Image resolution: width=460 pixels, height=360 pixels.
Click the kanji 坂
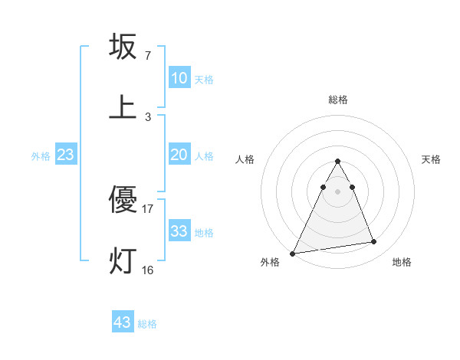123,47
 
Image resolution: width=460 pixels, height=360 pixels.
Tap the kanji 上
123,107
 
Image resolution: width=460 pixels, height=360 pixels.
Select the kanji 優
123,200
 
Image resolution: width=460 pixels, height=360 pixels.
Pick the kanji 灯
123,260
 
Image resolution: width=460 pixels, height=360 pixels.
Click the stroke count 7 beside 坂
148,56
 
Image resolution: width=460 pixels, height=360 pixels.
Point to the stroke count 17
148,208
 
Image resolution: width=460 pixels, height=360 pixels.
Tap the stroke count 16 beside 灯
148,270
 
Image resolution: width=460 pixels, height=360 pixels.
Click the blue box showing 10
179,78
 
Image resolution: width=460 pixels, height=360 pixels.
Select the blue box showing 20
179,155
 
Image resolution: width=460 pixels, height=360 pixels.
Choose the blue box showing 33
179,231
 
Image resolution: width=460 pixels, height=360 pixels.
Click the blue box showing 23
66,155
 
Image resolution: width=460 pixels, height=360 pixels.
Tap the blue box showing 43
123,322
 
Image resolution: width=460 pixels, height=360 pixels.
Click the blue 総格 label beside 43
147,324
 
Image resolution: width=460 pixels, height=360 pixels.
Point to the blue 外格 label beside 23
41,156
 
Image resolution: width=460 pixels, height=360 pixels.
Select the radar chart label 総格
338,100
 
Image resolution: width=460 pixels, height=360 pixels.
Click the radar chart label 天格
431,159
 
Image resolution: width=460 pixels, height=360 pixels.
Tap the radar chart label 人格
245,159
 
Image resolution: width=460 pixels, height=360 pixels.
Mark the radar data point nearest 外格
292,253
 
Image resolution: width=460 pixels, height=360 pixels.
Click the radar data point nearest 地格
374,242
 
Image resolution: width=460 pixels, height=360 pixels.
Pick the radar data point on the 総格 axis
338,161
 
